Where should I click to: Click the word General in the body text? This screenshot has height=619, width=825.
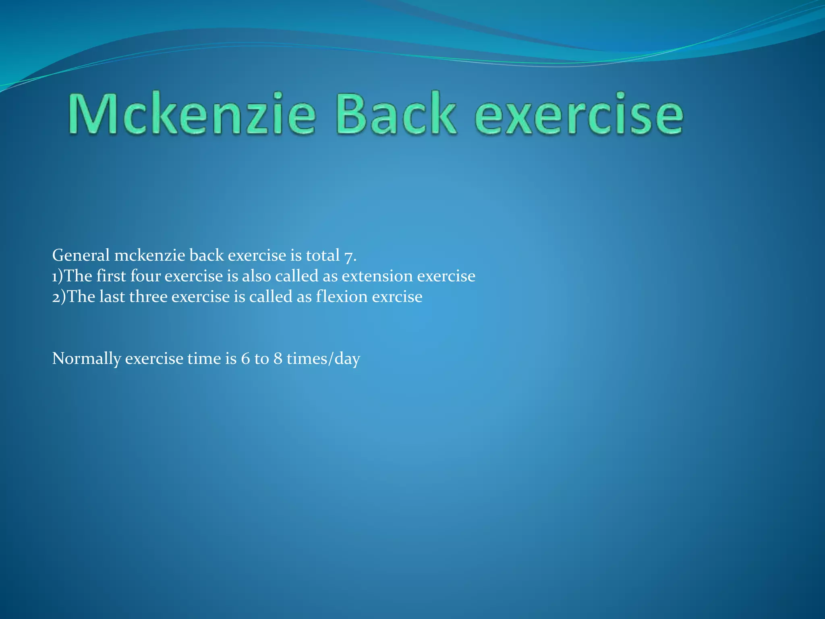click(81, 255)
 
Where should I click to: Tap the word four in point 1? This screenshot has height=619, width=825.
click(145, 276)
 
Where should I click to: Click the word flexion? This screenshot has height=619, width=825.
click(342, 297)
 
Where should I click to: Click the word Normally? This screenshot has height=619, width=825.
click(86, 359)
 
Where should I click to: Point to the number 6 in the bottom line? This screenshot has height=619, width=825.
click(245, 359)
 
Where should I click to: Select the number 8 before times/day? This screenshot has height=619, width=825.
click(278, 359)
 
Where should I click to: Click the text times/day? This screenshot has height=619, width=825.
click(323, 359)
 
